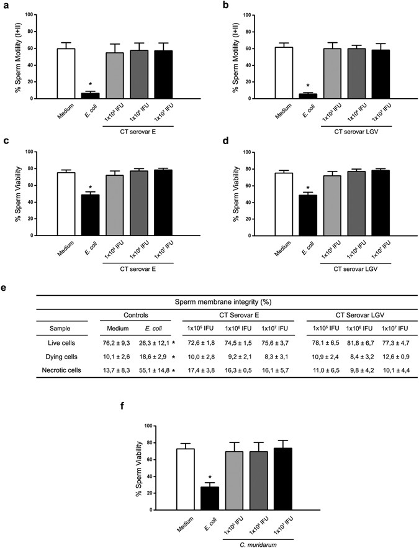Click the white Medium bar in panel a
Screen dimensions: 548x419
[x=66, y=73]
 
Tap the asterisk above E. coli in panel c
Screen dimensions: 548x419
[x=90, y=188]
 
